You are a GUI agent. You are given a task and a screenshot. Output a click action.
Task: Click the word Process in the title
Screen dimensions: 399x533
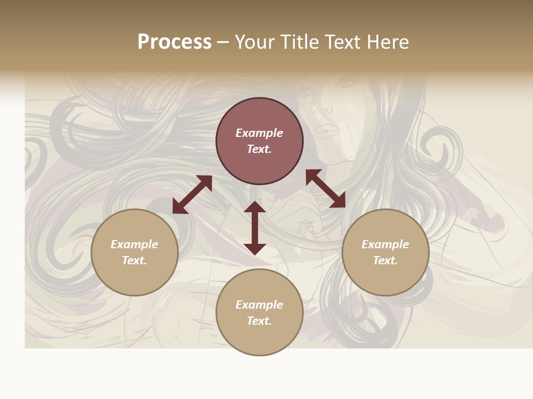tap(174, 42)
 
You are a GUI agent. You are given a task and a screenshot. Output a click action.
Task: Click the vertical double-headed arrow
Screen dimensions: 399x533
tap(255, 228)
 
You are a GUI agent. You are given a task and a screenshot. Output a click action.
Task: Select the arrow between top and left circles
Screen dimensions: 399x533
tap(192, 195)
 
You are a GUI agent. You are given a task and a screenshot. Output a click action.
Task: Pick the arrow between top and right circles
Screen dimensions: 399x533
tap(325, 189)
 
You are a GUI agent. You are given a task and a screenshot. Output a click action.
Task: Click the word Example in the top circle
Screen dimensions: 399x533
tap(259, 133)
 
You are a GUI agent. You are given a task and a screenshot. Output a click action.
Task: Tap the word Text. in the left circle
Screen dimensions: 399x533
tap(134, 260)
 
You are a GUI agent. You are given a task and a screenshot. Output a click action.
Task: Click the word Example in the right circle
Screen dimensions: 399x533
tap(385, 244)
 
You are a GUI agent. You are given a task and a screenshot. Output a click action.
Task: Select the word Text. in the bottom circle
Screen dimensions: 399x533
tap(259, 321)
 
